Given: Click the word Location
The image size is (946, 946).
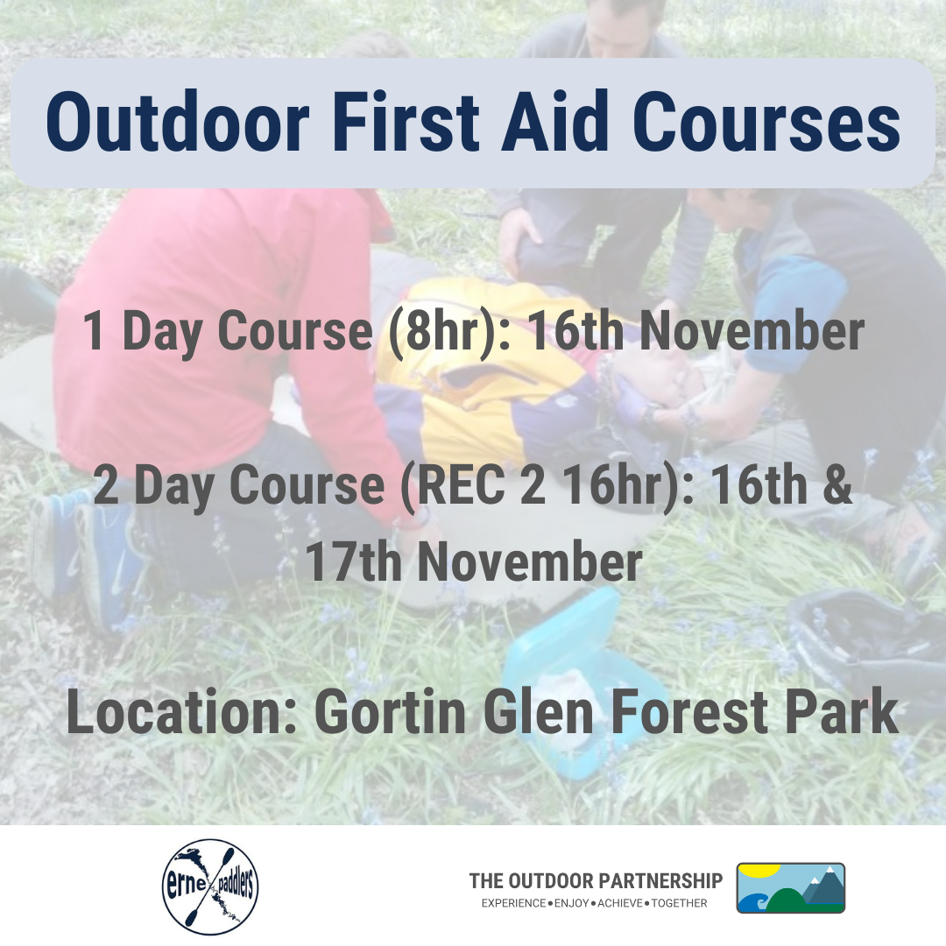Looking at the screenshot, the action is click(181, 712).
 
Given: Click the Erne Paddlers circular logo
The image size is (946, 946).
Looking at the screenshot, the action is click(210, 886).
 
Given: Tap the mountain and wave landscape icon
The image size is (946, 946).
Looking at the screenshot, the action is click(790, 887).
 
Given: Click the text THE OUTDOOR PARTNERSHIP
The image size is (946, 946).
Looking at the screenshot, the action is click(596, 881).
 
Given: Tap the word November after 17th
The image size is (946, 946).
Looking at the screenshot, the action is click(530, 561).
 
